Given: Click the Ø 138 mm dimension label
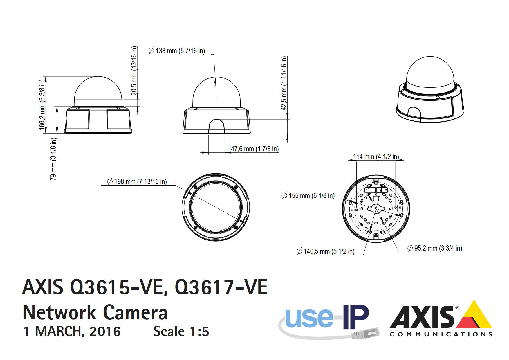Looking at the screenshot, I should point(177,51).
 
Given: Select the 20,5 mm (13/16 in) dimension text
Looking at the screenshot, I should point(134,71).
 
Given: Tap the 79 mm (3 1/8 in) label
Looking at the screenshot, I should point(53,159).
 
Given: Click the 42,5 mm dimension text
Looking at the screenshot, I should point(284,83).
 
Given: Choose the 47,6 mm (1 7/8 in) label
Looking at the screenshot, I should point(255,149).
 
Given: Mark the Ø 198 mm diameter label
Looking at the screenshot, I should point(137,182).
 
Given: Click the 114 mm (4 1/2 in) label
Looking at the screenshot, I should point(376,157).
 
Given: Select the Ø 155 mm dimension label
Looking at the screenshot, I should point(308,196).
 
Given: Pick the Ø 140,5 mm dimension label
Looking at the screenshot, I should point(325,251).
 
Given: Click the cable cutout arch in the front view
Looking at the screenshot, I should point(216,126).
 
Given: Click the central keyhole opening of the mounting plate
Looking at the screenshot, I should point(376,208).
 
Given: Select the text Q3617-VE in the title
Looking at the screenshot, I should point(221,287).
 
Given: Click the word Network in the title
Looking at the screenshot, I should point(59,313).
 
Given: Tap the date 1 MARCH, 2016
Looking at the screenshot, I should point(72,332).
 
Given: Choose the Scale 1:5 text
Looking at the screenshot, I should point(181,332).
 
